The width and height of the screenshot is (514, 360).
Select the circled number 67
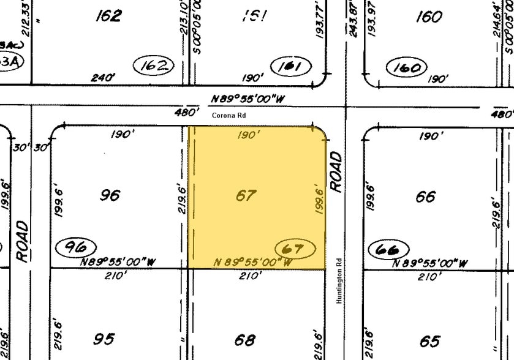pyautogui.click(x=297, y=249)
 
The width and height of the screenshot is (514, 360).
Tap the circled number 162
pyautogui.click(x=154, y=65)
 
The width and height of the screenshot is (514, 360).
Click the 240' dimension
pyautogui.click(x=103, y=78)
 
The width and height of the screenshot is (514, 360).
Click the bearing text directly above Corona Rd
pyautogui.click(x=248, y=98)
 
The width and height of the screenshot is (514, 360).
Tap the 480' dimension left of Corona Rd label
pyautogui.click(x=187, y=112)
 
